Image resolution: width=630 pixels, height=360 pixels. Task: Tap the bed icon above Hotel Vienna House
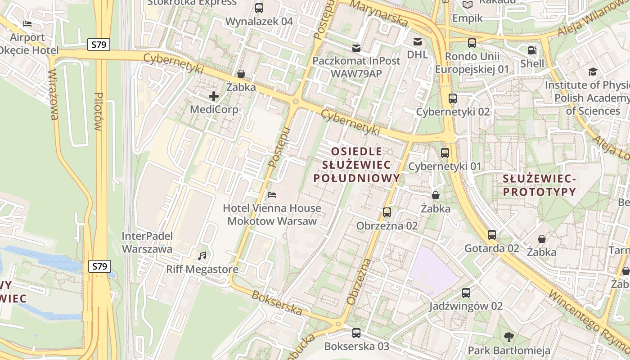(272, 195)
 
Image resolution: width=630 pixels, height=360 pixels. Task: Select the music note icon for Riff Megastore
(202, 256)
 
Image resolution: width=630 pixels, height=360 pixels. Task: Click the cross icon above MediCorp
(214, 96)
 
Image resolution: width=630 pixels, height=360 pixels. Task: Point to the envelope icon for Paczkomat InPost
(356, 48)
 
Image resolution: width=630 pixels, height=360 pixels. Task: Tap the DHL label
(417, 54)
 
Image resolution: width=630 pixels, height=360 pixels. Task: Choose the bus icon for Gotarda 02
(492, 234)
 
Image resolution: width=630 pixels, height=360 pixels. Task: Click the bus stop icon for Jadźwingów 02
(466, 292)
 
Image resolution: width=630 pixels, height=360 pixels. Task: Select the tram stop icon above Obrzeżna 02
(387, 212)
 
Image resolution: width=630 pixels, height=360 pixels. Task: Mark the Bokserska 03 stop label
(356, 346)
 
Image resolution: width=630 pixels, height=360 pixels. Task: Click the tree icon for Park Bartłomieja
(509, 337)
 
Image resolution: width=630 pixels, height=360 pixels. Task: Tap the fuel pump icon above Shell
(532, 50)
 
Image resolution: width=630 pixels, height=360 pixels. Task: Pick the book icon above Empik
(468, 5)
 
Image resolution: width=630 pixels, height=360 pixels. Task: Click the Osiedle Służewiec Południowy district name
(356, 165)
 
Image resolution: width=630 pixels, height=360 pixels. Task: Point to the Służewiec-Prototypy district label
(539, 185)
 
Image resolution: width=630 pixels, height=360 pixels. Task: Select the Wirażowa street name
(53, 95)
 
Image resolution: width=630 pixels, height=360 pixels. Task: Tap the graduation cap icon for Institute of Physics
(593, 72)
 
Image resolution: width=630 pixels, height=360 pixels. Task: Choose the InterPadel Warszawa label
(147, 242)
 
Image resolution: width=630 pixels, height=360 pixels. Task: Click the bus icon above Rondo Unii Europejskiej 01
(472, 43)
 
